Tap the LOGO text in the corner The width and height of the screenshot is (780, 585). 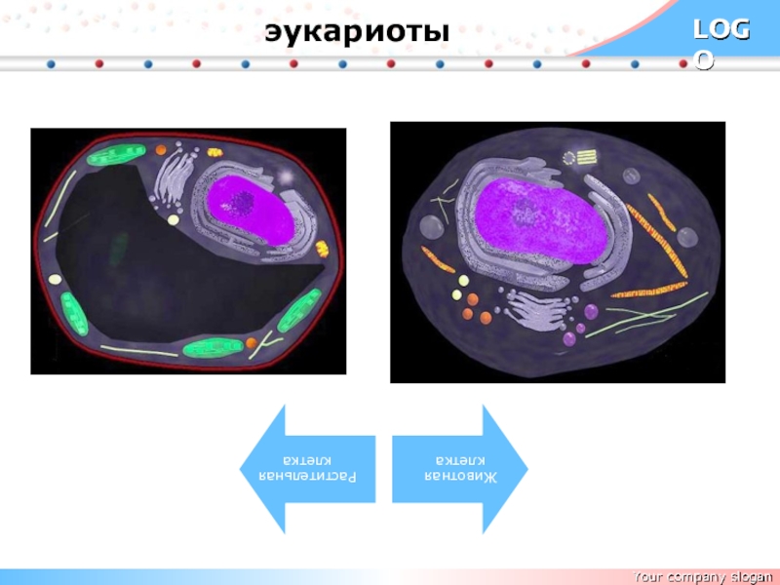[721, 43]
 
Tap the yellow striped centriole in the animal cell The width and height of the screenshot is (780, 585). [586, 155]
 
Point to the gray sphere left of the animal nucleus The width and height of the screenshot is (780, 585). [430, 227]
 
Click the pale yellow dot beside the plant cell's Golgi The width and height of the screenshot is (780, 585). [174, 220]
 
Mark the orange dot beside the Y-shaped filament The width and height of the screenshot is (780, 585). [252, 342]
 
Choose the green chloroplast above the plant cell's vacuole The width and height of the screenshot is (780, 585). [115, 155]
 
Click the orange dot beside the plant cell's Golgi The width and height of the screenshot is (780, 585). [161, 150]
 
